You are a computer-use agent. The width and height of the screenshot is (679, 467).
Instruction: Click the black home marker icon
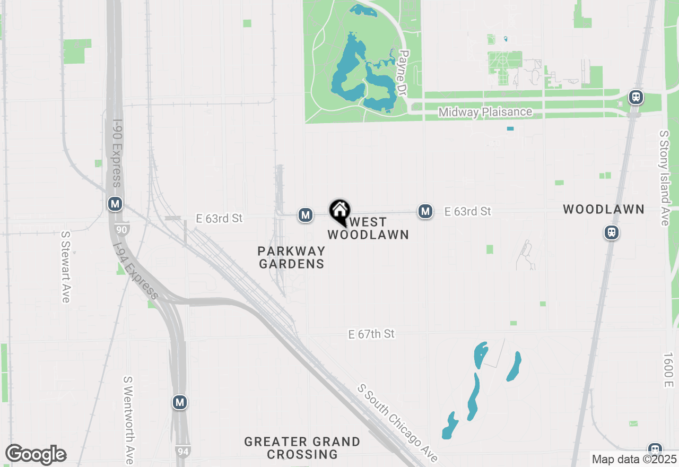339,212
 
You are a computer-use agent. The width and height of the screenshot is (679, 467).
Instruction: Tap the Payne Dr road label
403,73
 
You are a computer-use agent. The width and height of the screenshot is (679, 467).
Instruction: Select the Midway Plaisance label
485,112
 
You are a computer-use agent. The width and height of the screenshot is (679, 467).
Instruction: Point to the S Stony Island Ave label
664,178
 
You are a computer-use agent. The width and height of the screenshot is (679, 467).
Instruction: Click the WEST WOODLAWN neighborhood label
368,228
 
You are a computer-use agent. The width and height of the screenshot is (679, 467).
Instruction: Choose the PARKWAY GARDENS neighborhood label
291,257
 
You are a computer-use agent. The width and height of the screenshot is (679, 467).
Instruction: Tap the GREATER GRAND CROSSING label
302,448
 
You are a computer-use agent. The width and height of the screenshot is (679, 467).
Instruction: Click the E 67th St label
371,334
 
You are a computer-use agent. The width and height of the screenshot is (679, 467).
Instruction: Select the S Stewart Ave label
66,266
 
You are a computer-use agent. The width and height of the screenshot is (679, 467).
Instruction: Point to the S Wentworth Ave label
128,419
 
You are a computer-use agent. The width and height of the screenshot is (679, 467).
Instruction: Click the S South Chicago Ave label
398,423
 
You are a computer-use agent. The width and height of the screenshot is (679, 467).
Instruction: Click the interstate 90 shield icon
121,229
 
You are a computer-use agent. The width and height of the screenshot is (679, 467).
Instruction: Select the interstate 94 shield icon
181,451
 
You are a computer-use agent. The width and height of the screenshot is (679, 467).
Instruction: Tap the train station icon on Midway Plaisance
636,98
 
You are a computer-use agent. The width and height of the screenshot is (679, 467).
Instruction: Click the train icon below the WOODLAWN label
612,232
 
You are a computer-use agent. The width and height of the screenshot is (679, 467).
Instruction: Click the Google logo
36,455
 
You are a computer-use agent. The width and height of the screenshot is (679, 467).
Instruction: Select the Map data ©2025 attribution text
634,459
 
